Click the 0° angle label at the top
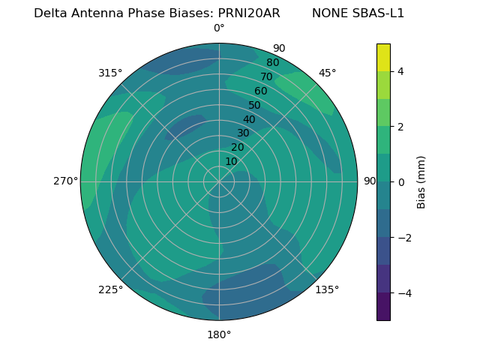click(x=219, y=28)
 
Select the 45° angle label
click(x=327, y=73)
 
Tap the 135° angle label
click(x=327, y=289)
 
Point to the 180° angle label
click(x=219, y=334)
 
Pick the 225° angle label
click(x=110, y=289)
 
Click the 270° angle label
click(x=65, y=181)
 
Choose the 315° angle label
click(x=110, y=73)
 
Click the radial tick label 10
click(x=231, y=161)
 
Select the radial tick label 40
click(x=249, y=119)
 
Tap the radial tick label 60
click(x=261, y=91)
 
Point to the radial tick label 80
click(x=273, y=62)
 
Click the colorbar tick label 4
click(x=400, y=71)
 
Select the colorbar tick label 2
click(x=400, y=127)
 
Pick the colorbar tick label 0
click(x=400, y=182)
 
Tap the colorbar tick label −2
click(x=403, y=238)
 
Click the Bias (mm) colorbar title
click(x=421, y=181)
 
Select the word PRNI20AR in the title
click(x=249, y=13)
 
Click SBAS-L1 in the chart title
click(x=379, y=13)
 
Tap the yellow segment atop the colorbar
click(x=383, y=57)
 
